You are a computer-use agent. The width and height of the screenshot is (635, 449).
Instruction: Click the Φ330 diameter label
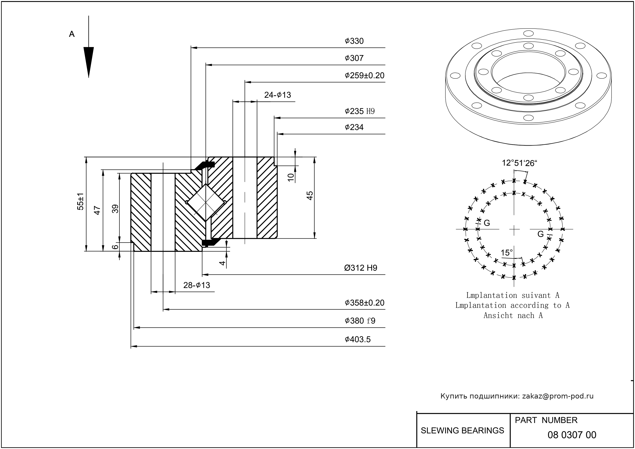[x=354, y=41]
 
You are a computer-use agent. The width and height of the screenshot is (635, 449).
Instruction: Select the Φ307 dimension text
[x=354, y=58]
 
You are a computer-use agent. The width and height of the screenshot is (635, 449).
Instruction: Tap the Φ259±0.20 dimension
[x=364, y=75]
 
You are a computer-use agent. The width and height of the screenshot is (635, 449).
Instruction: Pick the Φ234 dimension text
[x=354, y=127]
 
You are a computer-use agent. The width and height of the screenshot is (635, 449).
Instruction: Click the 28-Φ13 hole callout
[x=197, y=285]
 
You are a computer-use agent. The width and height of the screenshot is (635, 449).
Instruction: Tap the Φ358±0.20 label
[x=364, y=303]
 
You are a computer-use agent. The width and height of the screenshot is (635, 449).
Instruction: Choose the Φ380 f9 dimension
[x=360, y=321]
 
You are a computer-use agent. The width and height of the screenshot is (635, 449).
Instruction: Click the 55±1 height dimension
[x=80, y=202]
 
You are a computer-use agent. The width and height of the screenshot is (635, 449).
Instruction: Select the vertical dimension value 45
[x=310, y=195]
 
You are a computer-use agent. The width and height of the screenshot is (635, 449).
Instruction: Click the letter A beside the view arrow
[x=72, y=34]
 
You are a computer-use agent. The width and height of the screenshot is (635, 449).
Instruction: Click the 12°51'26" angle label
[x=520, y=163]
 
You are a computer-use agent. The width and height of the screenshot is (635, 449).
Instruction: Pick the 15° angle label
[x=507, y=253]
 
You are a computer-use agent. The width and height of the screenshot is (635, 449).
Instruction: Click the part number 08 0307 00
[x=572, y=435]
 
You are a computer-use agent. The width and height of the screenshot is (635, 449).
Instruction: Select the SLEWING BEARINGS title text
[x=462, y=431]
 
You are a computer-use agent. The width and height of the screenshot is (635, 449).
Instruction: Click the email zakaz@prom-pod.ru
[x=558, y=396]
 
